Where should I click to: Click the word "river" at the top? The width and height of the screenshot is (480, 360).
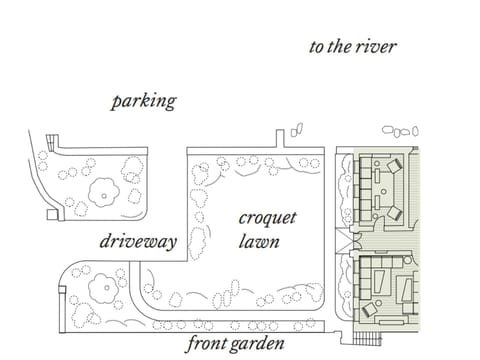(x=374, y=46)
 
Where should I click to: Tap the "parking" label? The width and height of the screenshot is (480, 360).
(x=144, y=101)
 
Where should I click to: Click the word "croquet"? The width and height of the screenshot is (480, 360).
(x=267, y=219)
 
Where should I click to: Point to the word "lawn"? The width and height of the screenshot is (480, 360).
(x=259, y=242)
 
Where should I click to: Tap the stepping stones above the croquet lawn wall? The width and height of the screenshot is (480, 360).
(x=296, y=130)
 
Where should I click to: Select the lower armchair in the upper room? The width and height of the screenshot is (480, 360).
(x=394, y=212)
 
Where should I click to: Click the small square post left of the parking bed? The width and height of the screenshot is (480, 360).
(x=52, y=213)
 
